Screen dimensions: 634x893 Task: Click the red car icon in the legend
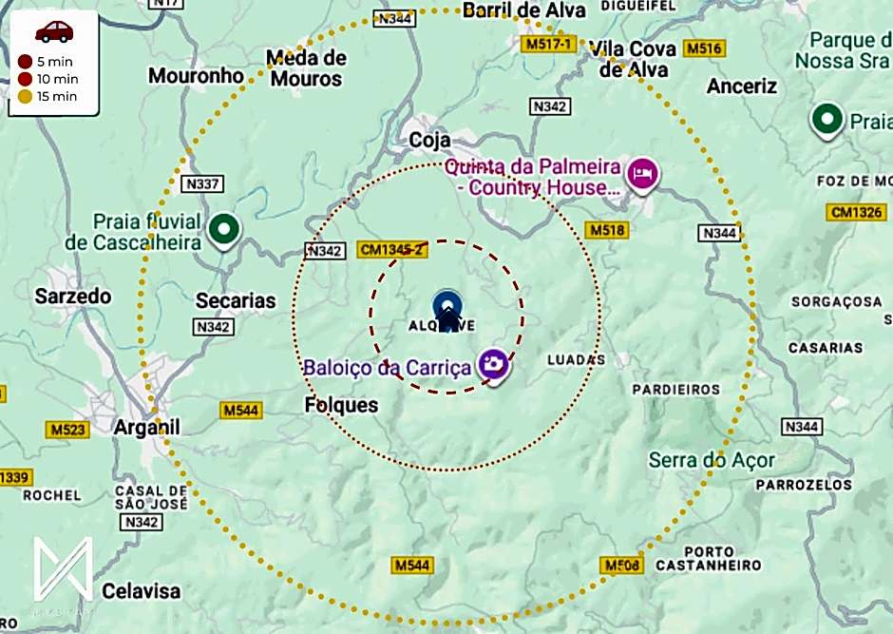tap(54, 31)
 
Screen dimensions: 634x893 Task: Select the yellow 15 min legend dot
tap(25, 96)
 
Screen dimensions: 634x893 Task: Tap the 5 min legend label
tap(58, 62)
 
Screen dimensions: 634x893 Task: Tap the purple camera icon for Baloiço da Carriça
tap(492, 363)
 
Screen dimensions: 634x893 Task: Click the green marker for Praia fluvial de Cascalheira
tap(224, 229)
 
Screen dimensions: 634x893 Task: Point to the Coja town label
tap(429, 140)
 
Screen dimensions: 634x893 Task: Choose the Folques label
tap(341, 406)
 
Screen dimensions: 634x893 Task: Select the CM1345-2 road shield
tap(390, 249)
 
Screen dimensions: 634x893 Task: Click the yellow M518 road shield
tap(607, 230)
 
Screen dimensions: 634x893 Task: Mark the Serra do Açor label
tap(712, 461)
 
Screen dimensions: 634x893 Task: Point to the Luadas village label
tap(577, 360)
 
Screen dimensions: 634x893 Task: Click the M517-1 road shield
tap(548, 45)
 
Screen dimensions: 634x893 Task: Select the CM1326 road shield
tap(855, 211)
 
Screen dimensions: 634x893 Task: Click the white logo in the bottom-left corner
tap(63, 571)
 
